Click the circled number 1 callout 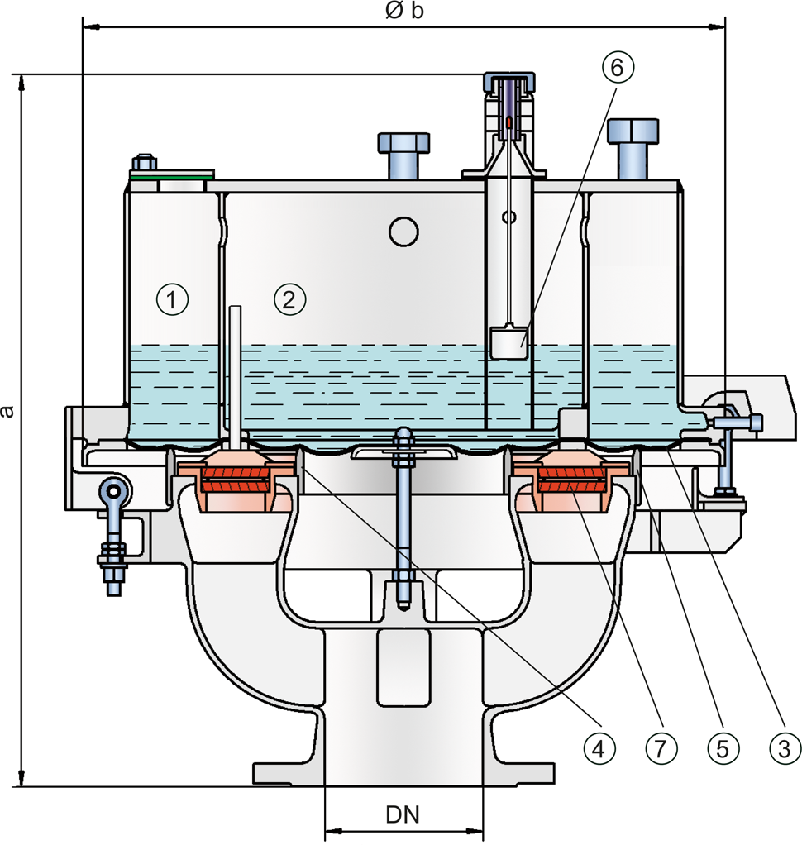point(173,299)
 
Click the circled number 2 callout point(290,299)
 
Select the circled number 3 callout point(784,748)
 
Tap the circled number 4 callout point(599,748)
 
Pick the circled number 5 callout point(723,748)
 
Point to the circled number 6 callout point(617,67)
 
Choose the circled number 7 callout point(661,748)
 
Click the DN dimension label point(403,815)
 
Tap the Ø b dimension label point(405,11)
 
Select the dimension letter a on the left point(7,411)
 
